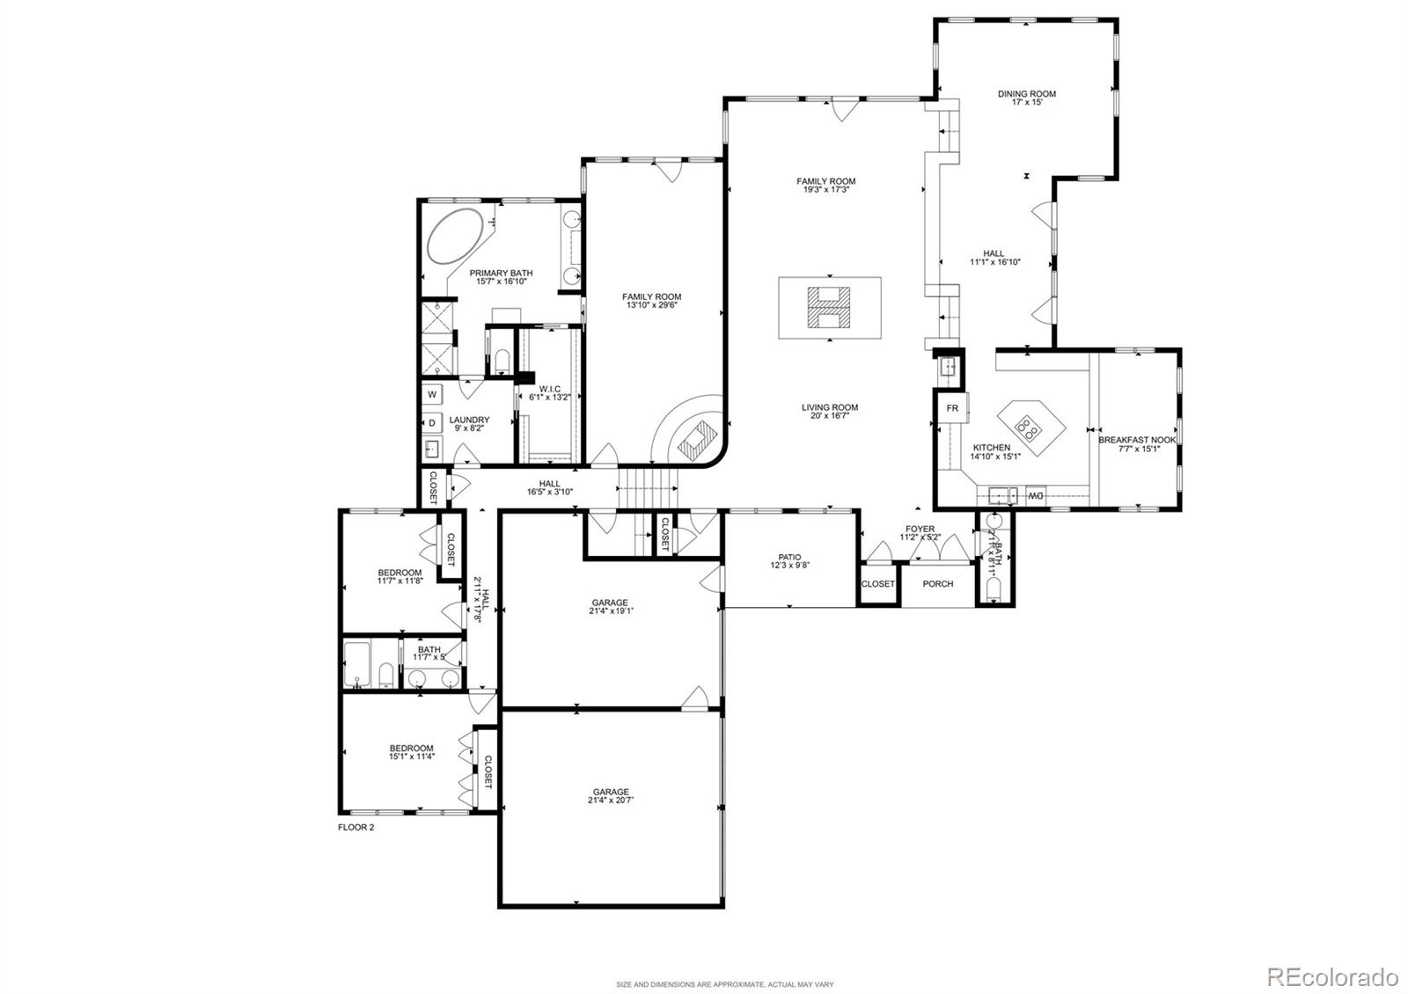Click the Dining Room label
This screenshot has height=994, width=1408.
1026,94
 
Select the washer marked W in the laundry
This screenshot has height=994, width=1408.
433,394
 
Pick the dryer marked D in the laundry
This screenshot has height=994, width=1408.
432,423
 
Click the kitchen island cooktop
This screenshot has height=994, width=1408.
1027,428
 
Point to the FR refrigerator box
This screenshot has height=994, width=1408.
952,408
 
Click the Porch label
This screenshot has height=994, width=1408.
937,584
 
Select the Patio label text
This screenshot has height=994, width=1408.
789,557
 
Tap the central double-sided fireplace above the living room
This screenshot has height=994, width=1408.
830,308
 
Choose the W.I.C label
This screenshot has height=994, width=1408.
550,388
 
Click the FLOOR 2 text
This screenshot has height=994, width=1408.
356,827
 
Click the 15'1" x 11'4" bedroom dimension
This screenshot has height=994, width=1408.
412,756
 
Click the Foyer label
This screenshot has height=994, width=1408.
920,530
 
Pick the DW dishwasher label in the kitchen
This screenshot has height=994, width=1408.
1036,496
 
